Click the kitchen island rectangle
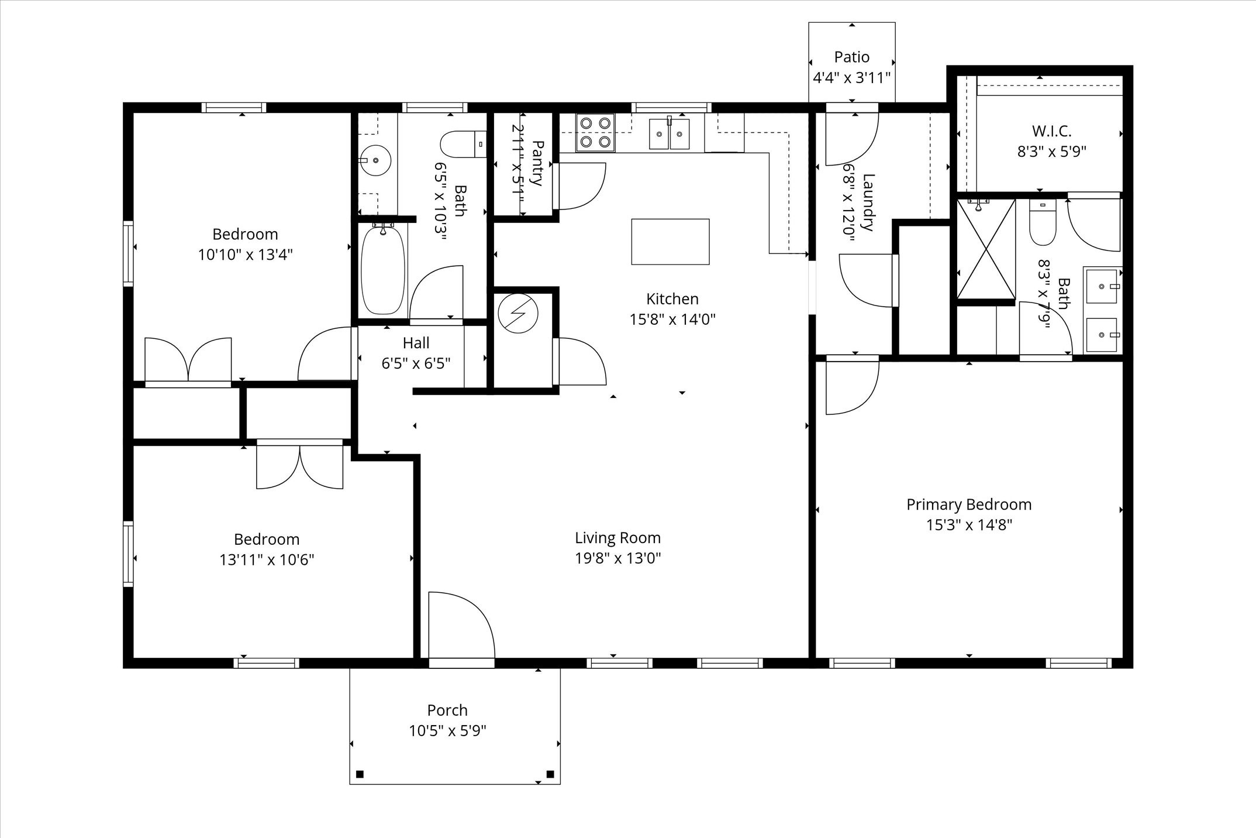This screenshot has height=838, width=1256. pyautogui.click(x=670, y=242)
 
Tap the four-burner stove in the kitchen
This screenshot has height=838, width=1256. pyautogui.click(x=595, y=132)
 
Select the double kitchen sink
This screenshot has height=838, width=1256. pyautogui.click(x=670, y=134)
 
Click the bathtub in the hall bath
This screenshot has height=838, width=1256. pyautogui.click(x=383, y=271)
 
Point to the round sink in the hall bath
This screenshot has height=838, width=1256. pyautogui.click(x=375, y=160)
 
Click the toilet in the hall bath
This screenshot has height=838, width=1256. pyautogui.click(x=463, y=145)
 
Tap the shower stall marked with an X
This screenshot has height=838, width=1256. pyautogui.click(x=986, y=249)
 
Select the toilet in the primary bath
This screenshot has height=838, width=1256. pyautogui.click(x=1043, y=225)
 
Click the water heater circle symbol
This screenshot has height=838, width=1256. pyautogui.click(x=517, y=313)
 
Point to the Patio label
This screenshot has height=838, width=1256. pyautogui.click(x=851, y=57)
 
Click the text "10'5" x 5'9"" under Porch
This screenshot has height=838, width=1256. pyautogui.click(x=447, y=730)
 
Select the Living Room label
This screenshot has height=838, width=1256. pyautogui.click(x=617, y=538)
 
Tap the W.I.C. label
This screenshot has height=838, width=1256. pyautogui.click(x=1051, y=131)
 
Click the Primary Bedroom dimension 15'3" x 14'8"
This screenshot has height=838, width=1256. pyautogui.click(x=969, y=525)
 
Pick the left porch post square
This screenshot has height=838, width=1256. pyautogui.click(x=360, y=774)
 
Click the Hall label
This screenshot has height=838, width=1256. pyautogui.click(x=416, y=343)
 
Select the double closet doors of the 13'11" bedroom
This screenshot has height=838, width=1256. pyautogui.click(x=299, y=465)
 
